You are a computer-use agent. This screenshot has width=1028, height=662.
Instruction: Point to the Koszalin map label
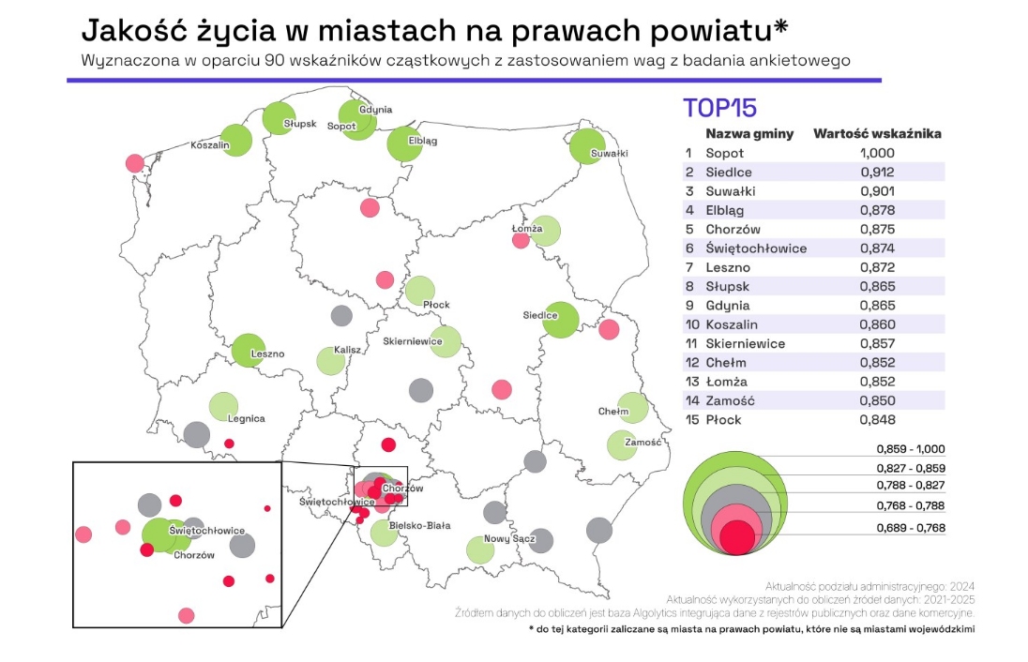pyautogui.click(x=209, y=145)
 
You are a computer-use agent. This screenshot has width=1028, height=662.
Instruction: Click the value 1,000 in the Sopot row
pyautogui.click(x=877, y=153)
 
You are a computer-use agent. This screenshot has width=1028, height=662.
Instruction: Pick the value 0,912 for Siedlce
pyautogui.click(x=877, y=172)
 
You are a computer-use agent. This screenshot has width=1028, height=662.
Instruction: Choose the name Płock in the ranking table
pyautogui.click(x=723, y=419)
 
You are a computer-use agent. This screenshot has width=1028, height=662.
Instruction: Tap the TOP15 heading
pyautogui.click(x=719, y=107)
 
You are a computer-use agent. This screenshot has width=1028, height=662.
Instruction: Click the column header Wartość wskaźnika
pyautogui.click(x=876, y=133)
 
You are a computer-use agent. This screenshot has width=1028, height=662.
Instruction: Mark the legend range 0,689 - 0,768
pyautogui.click(x=911, y=528)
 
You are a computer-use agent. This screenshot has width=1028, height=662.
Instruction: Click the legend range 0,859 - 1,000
pyautogui.click(x=911, y=448)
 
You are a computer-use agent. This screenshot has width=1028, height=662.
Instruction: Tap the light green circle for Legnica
pyautogui.click(x=222, y=406)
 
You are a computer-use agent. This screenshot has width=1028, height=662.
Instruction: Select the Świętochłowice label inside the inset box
pyautogui.click(x=207, y=531)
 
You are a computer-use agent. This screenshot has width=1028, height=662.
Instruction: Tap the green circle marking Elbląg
pyautogui.click(x=404, y=143)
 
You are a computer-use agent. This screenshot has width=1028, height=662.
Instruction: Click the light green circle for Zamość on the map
pyautogui.click(x=621, y=444)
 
